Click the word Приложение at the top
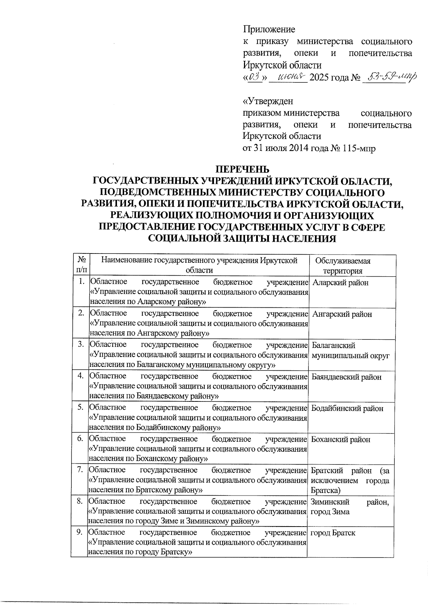click(269, 29)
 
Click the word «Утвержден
click(268, 101)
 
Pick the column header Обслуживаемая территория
click(343, 266)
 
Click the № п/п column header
click(81, 266)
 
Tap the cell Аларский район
click(340, 283)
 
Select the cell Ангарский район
click(342, 314)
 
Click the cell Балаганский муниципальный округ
click(350, 350)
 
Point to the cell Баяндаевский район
click(346, 377)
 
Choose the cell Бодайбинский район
click(347, 408)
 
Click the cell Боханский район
click(341, 440)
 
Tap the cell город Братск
click(333, 533)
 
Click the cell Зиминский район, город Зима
click(350, 507)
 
